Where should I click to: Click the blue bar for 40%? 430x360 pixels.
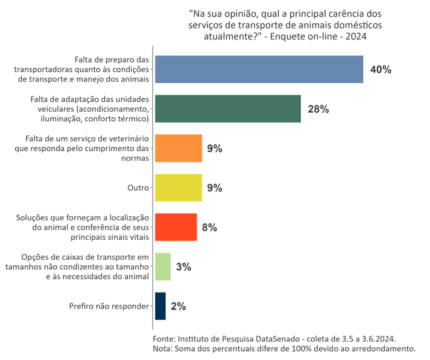[x=259, y=69]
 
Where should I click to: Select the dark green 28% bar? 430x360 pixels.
[x=228, y=109]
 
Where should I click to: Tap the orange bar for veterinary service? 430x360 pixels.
[x=178, y=148]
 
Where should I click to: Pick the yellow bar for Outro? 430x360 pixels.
[x=178, y=188]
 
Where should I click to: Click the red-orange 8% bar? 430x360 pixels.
[x=176, y=227]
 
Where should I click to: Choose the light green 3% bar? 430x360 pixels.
[x=163, y=267]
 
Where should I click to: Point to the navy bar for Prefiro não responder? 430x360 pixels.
[x=160, y=306]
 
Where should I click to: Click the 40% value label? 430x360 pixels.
[x=380, y=70]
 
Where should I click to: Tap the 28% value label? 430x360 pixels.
[x=318, y=109]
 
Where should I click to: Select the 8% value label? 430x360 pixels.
[x=209, y=228]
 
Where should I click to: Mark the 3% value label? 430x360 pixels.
[x=184, y=267]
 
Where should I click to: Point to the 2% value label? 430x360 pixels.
[x=178, y=307]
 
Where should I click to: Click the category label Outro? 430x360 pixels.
[x=138, y=188]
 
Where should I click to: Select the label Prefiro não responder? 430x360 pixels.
[x=109, y=306]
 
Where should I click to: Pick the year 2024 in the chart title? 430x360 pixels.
[x=355, y=36]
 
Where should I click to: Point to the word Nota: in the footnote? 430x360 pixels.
[x=163, y=348]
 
